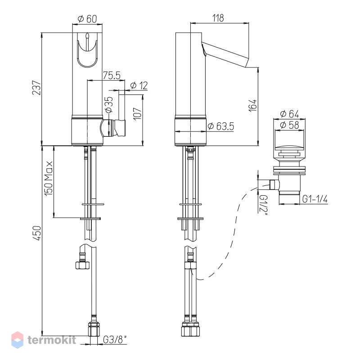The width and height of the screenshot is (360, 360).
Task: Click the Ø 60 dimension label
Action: click(87, 19)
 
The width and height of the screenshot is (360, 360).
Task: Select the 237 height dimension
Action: click(37, 87)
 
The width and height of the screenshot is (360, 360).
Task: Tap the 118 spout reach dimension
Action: click(218, 18)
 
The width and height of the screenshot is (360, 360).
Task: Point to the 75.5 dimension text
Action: click(112, 75)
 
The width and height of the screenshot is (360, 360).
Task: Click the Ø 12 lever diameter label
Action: click(139, 85)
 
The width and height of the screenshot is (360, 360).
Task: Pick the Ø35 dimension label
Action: click(109, 104)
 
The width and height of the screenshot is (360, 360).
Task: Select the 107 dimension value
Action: click(138, 113)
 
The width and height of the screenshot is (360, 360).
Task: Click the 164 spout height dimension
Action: click(253, 105)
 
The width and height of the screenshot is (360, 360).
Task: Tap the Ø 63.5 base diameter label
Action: click(220, 126)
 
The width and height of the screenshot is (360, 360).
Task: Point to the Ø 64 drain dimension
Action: click(289, 114)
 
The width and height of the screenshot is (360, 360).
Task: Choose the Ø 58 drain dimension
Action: click(289, 125)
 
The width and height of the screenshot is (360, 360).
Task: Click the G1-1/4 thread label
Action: click(315, 199)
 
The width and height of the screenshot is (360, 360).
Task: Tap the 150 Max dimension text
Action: click(49, 178)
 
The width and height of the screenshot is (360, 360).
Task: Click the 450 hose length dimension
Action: click(37, 233)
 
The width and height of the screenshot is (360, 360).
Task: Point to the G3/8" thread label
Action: click(115, 340)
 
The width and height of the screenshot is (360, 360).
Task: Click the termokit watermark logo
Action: click(44, 340)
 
